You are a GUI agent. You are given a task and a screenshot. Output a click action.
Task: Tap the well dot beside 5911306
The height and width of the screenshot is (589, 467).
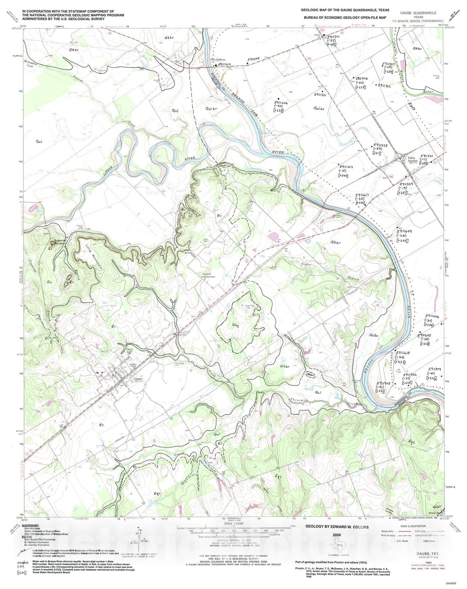click(353, 78)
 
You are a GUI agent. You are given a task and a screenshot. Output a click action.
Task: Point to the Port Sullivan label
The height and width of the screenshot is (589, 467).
click(217, 59)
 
